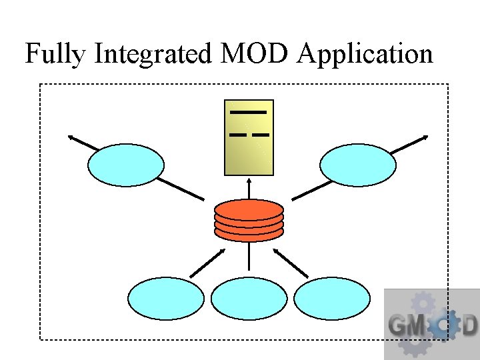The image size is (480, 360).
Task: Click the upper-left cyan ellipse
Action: (x=126, y=165)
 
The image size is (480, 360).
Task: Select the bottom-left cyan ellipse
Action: (x=165, y=299)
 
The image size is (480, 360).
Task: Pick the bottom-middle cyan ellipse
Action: (x=249, y=299)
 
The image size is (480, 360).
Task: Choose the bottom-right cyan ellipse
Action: (x=332, y=299)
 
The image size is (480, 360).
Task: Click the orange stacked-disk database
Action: (x=249, y=221)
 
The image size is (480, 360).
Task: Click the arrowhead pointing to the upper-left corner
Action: (x=71, y=137)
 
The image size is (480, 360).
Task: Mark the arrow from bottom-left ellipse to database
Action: (x=208, y=261)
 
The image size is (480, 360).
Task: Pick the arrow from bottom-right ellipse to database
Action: (x=291, y=263)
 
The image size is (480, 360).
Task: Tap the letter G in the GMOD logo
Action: (x=398, y=326)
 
